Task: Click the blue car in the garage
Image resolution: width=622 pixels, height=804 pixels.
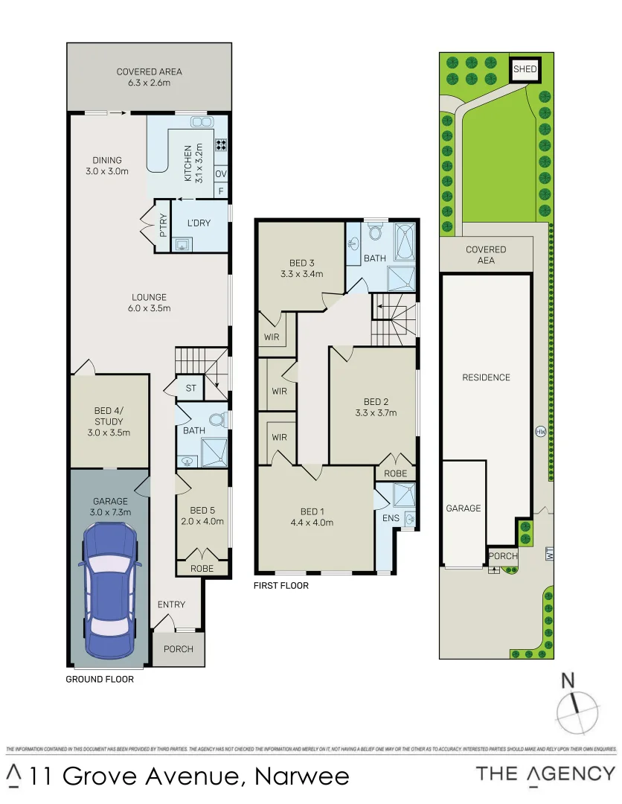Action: [109, 591]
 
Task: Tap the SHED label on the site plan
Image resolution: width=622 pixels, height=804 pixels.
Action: [525, 69]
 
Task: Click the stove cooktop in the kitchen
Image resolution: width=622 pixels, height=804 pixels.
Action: [221, 144]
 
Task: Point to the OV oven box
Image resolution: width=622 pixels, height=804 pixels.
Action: [221, 174]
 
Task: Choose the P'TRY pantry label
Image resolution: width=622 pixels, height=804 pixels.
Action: [163, 226]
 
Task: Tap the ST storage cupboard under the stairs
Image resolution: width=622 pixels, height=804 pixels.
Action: [190, 388]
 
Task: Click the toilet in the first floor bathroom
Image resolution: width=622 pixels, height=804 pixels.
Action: [376, 234]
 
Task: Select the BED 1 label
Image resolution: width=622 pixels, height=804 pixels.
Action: [312, 517]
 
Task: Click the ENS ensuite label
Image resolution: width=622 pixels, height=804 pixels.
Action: [390, 518]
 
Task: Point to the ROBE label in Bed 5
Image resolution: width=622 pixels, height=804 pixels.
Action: [202, 568]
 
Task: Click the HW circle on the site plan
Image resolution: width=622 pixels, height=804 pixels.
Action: [539, 431]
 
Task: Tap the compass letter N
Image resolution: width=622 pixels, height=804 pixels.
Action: [568, 679]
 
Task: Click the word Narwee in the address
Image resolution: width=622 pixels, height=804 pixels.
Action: [302, 776]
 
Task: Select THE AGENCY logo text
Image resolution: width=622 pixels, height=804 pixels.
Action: [545, 774]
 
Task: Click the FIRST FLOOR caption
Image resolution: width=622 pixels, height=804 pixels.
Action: [281, 586]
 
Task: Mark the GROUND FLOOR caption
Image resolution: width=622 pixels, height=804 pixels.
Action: [100, 679]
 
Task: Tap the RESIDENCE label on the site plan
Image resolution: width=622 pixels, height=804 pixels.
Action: [486, 377]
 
